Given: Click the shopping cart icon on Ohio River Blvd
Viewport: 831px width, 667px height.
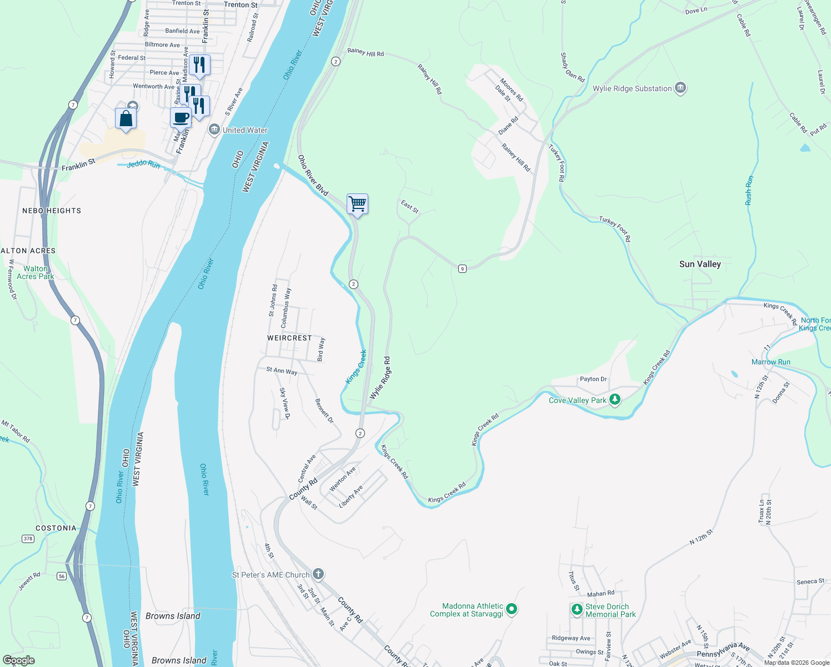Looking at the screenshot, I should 357,204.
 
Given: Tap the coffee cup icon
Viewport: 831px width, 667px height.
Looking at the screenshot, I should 181,118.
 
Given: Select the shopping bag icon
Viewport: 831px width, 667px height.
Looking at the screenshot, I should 126,118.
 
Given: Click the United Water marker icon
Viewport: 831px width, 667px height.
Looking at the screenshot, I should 214,130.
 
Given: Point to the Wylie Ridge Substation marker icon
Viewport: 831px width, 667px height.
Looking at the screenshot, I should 680,88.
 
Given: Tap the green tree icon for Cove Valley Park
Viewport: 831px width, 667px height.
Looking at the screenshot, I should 614,400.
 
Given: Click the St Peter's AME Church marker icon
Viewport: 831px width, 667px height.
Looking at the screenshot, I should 318,574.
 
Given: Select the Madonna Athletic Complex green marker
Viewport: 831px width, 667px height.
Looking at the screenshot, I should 512,610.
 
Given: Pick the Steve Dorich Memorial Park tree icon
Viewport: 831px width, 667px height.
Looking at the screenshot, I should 577,610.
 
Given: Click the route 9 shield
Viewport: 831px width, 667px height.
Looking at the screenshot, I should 462,269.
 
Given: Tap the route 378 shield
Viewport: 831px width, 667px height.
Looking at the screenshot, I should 28,539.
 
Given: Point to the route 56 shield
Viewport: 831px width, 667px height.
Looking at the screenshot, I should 62,576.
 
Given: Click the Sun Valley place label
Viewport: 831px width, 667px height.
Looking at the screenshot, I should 700,264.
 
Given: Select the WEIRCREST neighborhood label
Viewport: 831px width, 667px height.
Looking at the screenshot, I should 289,338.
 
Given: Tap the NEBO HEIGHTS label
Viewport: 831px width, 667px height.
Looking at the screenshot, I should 52,211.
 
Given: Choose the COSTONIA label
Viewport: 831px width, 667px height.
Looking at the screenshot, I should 56,528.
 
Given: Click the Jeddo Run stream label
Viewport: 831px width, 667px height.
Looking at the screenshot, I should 143,165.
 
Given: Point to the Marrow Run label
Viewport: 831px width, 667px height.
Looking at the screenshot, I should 770,362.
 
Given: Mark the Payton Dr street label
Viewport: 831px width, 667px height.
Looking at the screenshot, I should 593,379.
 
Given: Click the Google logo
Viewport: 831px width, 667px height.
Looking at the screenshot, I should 19,660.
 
